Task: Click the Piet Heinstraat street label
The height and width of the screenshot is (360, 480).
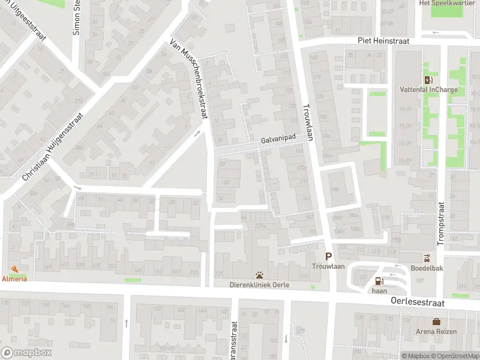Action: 383,41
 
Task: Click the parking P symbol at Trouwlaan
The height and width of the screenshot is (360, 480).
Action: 328,256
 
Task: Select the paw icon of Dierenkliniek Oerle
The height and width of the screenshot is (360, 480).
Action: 260,275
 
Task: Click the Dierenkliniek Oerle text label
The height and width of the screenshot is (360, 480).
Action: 260,286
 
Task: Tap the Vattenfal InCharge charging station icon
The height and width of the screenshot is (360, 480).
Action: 428,80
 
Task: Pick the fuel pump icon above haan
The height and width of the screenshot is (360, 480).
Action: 379,280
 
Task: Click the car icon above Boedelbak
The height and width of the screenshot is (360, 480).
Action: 427,259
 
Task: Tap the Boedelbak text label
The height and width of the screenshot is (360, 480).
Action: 427,268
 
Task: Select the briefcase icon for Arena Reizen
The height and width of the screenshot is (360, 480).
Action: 436,322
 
